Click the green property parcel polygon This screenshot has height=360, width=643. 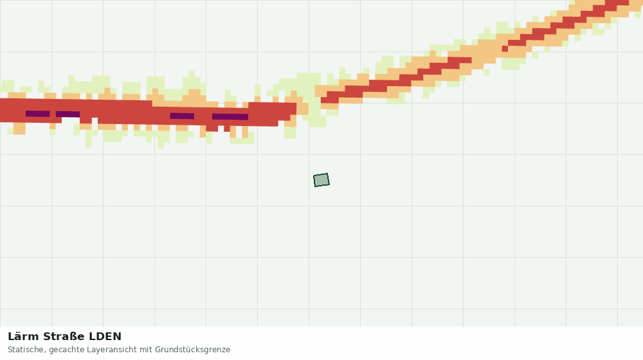tap(321, 180)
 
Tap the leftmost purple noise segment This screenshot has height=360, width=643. tap(38, 114)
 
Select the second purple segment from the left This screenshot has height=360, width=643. tap(68, 114)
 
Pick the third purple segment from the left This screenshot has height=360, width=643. tap(182, 116)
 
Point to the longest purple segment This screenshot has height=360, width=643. tap(230, 117)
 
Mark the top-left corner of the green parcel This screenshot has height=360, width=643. tap(314, 175)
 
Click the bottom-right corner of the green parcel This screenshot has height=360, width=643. tap(329, 185)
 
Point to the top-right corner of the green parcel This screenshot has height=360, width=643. tap(328, 174)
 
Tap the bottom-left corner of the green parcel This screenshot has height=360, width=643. tap(315, 186)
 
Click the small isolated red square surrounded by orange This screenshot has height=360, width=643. tap(505, 49)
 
